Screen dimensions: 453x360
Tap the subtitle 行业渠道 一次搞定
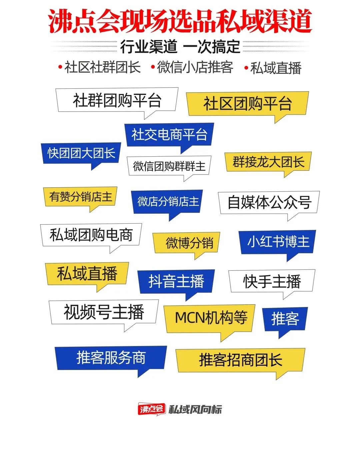180,47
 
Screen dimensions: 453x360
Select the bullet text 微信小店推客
195,67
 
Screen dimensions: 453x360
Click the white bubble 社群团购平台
117,100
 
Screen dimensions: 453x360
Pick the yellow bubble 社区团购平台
247,104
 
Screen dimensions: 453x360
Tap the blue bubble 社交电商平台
169,135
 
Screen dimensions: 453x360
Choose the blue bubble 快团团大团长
81,153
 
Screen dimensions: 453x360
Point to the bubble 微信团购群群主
169,166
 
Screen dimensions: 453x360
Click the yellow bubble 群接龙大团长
268,162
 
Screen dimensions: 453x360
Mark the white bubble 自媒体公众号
269,202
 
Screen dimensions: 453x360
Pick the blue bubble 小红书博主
277,242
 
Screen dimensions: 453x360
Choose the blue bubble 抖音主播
176,281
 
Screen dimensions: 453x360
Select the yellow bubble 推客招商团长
240,360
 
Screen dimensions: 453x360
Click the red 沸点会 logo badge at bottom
152,409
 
